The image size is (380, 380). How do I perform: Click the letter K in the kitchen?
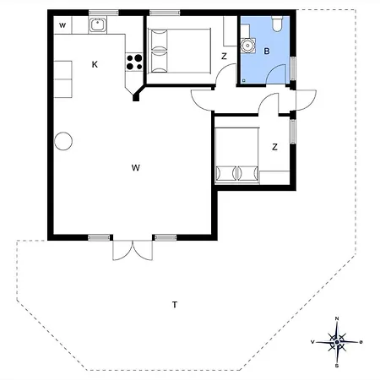[x=95, y=64]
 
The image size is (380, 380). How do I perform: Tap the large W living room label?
[x=135, y=167]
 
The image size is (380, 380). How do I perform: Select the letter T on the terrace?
[x=174, y=303]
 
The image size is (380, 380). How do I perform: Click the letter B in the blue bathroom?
[x=266, y=52]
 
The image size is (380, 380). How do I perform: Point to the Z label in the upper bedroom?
[x=224, y=56]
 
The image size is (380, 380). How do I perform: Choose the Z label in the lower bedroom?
[x=274, y=147]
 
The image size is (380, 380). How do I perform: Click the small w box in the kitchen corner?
[x=62, y=25]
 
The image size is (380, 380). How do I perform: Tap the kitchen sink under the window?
[x=97, y=25]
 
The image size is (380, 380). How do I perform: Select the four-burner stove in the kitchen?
[x=133, y=60]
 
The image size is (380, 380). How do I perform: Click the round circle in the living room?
[x=65, y=140]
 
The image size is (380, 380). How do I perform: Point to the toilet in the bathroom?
[x=278, y=24]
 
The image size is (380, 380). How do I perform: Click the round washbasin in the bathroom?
[x=248, y=47]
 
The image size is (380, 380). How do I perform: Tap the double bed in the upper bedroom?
[x=177, y=50]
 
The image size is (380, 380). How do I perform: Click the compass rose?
[x=337, y=342]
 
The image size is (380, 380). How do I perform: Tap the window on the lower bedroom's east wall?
[x=293, y=131]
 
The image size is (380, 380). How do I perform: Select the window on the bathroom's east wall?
[x=293, y=68]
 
